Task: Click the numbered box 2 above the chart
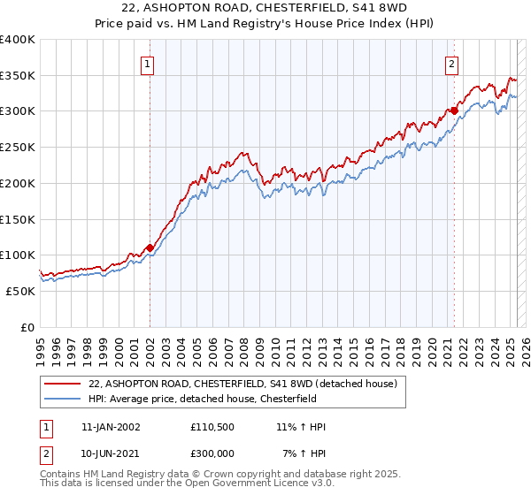tap(451, 63)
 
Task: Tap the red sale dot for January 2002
tap(150, 248)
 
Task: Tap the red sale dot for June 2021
tap(454, 110)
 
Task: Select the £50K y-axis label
tap(20, 291)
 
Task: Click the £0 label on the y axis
tap(27, 327)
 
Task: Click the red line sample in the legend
tap(63, 384)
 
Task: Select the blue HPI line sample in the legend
tap(63, 398)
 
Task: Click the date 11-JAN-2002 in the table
tap(111, 427)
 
